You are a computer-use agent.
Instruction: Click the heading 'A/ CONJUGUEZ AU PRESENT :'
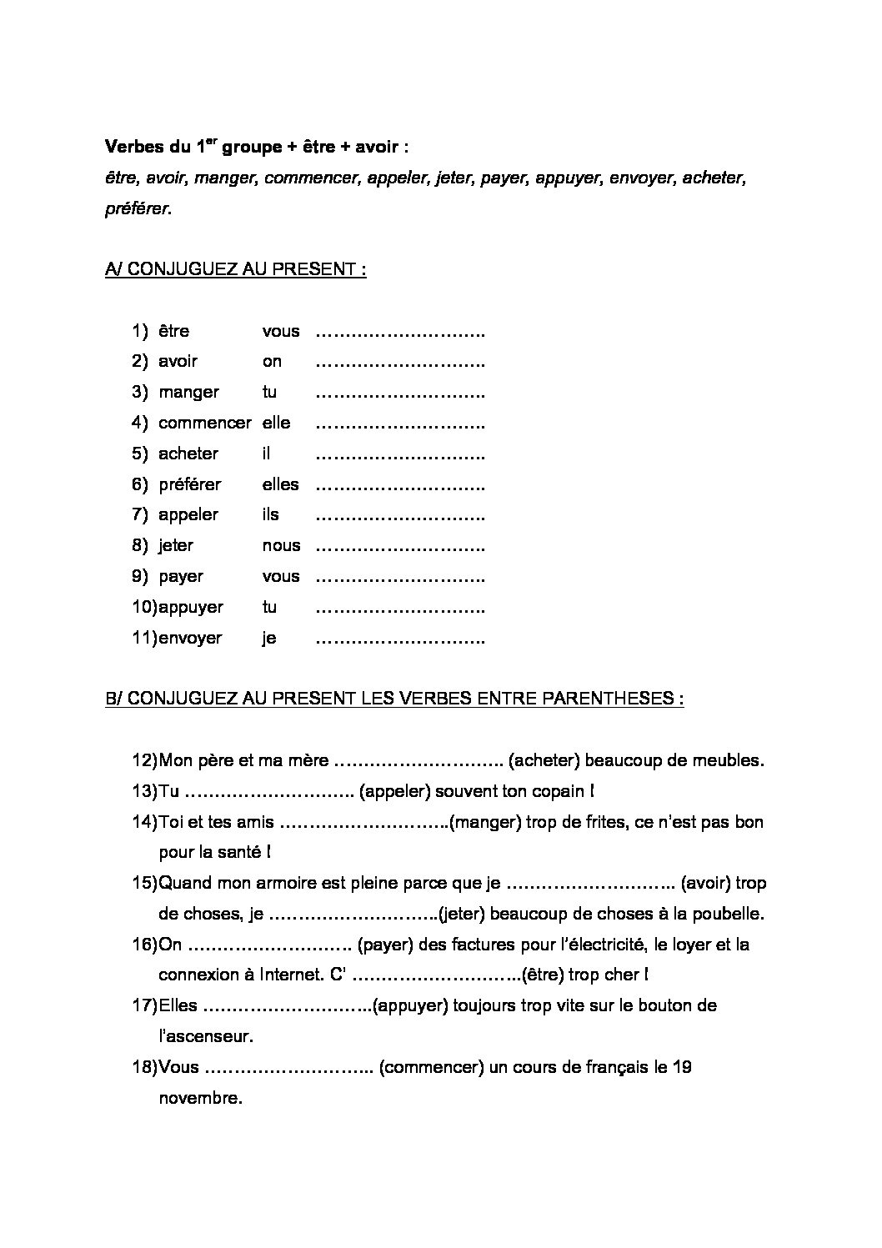coord(236,270)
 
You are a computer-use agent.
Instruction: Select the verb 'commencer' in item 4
coord(204,423)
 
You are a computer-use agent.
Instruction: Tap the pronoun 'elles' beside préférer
coord(280,484)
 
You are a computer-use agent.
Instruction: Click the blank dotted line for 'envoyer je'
coord(400,639)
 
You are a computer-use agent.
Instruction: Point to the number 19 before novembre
coord(681,1067)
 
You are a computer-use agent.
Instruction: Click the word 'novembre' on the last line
coord(199,1098)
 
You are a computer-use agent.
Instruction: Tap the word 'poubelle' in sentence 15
coord(728,914)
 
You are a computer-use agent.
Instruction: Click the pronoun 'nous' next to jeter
coord(281,546)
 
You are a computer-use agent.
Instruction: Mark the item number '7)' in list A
coord(139,515)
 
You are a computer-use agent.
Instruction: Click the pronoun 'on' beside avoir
coord(272,362)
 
